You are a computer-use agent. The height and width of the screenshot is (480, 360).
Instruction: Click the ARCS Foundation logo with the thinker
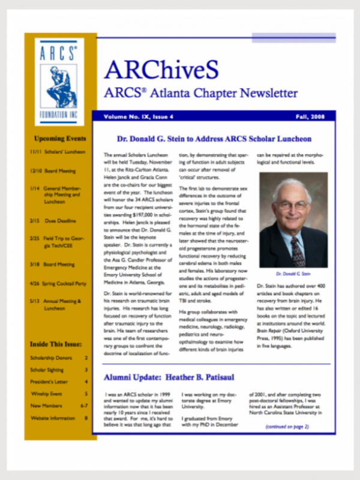point(59,81)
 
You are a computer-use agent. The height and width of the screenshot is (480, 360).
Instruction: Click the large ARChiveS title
point(161,70)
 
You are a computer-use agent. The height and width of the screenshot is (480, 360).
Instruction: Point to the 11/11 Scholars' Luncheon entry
point(58,152)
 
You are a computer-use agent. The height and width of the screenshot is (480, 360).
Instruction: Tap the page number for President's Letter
point(86,382)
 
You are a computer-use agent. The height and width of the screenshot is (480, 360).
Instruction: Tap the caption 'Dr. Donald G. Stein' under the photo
point(293,272)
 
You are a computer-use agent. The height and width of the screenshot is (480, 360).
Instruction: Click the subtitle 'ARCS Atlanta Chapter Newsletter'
point(200,94)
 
